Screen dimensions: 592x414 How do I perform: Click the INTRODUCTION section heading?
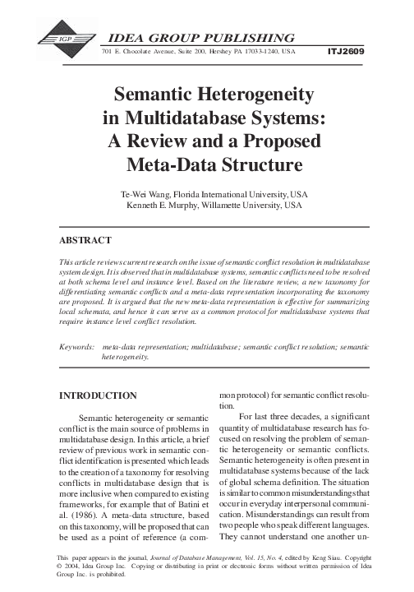point(98,395)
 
